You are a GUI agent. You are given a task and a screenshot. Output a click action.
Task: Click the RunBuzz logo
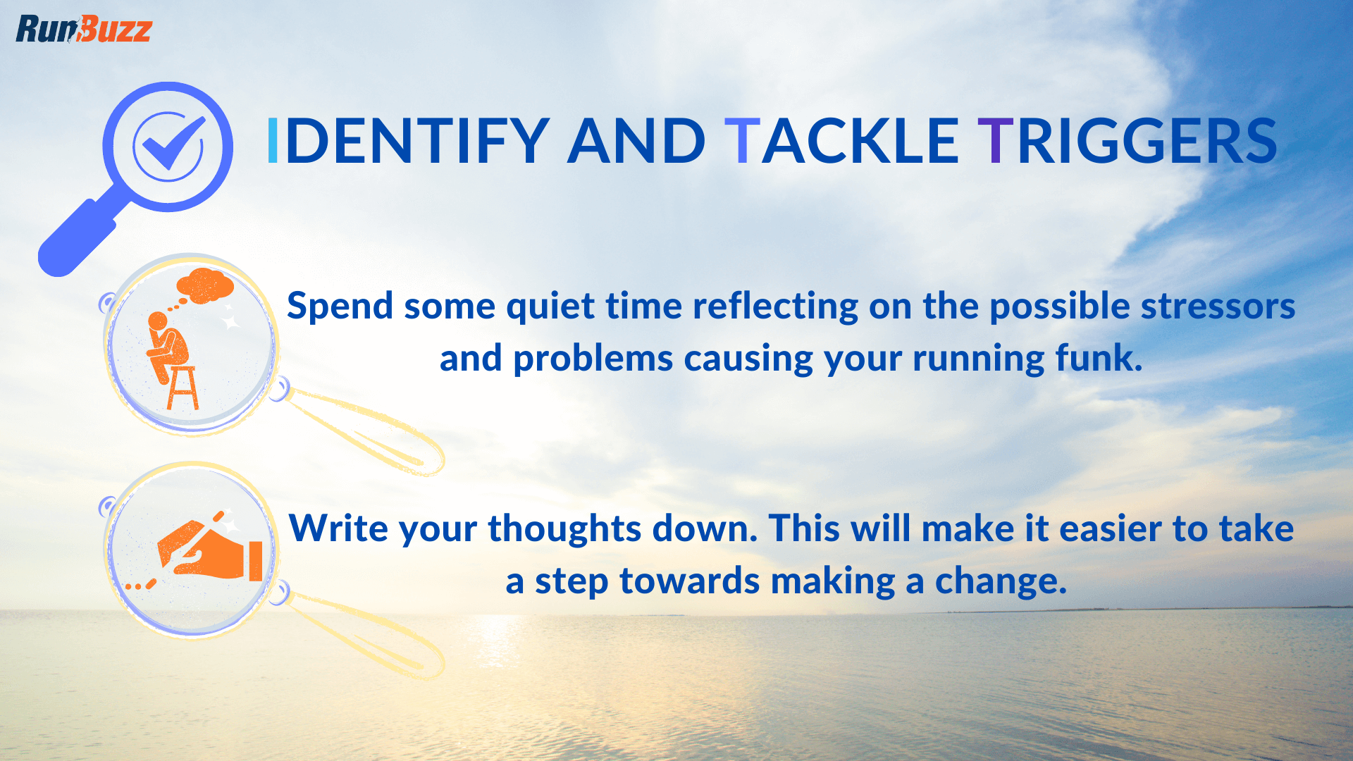(x=83, y=29)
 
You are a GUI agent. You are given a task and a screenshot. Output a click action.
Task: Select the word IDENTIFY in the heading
(x=407, y=142)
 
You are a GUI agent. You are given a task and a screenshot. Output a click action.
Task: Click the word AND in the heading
(x=636, y=142)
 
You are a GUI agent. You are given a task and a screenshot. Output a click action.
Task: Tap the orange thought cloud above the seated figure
(x=205, y=286)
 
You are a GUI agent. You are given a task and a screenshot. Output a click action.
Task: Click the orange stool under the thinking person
(x=183, y=388)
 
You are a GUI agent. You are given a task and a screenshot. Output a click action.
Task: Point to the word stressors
(x=1218, y=307)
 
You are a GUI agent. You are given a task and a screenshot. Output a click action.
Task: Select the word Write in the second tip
(x=338, y=528)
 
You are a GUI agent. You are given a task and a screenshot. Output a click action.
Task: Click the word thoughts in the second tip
(x=564, y=530)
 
